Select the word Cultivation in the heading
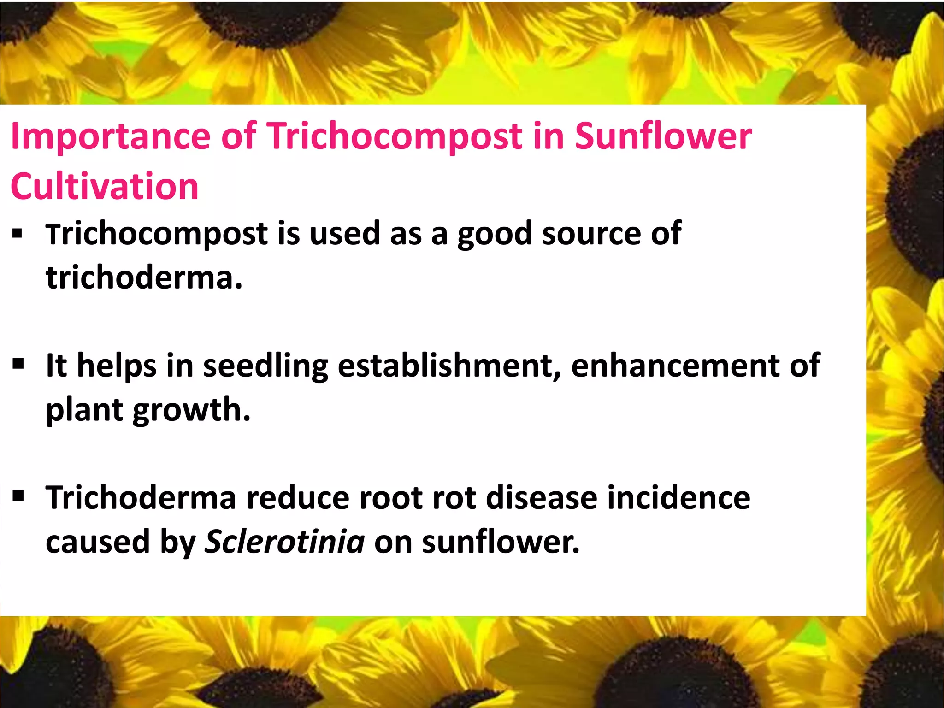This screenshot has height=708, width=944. (x=105, y=186)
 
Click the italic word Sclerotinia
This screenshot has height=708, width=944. (x=285, y=541)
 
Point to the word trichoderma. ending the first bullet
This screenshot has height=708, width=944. (x=144, y=277)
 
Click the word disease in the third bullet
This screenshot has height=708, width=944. (x=542, y=498)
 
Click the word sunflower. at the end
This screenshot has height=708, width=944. (x=501, y=542)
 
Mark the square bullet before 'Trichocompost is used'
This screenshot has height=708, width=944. (x=18, y=234)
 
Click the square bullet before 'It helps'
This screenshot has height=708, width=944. (x=18, y=364)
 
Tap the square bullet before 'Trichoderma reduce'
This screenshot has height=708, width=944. (x=18, y=496)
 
